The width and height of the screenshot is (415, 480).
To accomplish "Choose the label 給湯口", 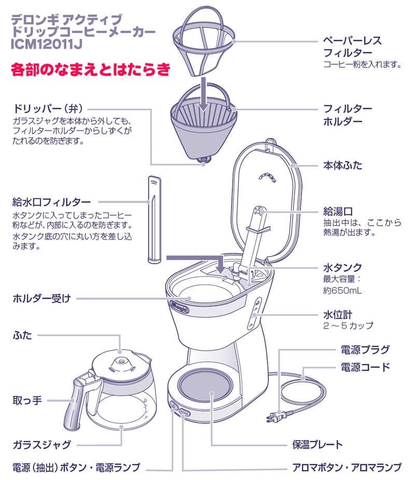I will [x=338, y=211].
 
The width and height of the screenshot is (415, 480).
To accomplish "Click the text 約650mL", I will [x=342, y=291].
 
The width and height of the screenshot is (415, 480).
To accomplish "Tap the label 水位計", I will [x=338, y=314].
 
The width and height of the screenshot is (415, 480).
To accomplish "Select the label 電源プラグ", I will [x=365, y=349].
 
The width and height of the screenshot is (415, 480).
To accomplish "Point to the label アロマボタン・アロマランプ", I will [x=347, y=468].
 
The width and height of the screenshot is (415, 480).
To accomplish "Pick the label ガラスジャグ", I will [x=41, y=445].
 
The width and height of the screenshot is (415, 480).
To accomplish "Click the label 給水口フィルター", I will [x=52, y=201].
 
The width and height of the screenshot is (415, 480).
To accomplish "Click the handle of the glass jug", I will [x=74, y=400].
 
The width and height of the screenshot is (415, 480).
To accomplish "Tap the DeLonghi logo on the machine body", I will [x=179, y=306].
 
